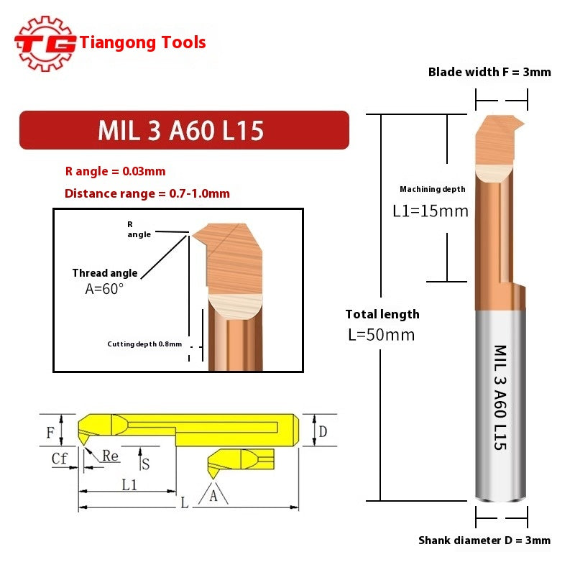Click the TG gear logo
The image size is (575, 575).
click(45, 42)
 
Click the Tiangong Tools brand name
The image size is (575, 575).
click(143, 42)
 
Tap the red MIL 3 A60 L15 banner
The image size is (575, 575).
click(183, 130)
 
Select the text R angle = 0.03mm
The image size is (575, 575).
click(115, 171)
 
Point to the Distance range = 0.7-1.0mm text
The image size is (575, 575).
click(147, 193)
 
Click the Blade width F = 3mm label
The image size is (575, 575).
click(489, 72)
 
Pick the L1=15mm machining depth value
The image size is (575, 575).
click(430, 211)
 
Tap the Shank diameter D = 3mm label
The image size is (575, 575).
click(484, 540)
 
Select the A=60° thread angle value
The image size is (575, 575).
click(104, 288)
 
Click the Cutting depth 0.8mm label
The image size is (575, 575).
click(144, 344)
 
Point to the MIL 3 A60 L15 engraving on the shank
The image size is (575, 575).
click(500, 397)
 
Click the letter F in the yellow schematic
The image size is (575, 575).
click(50, 433)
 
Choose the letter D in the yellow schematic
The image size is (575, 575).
click(323, 431)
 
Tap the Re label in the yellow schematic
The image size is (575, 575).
click(110, 456)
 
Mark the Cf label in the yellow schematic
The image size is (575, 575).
click(60, 458)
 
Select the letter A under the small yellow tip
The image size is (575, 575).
click(213, 495)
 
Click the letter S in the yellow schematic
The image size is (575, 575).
click(145, 464)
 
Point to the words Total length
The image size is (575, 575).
click(382, 314)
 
